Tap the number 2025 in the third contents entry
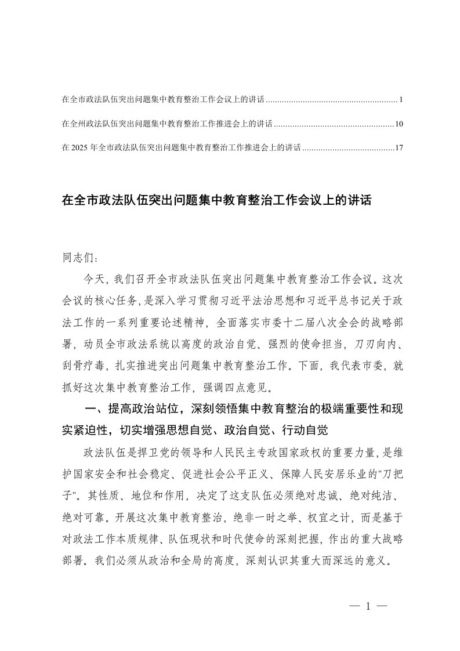pyautogui.click(x=80, y=148)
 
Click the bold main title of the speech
pyautogui.click(x=216, y=201)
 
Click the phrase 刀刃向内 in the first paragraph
pyautogui.click(x=377, y=342)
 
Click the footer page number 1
pyautogui.click(x=368, y=606)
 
